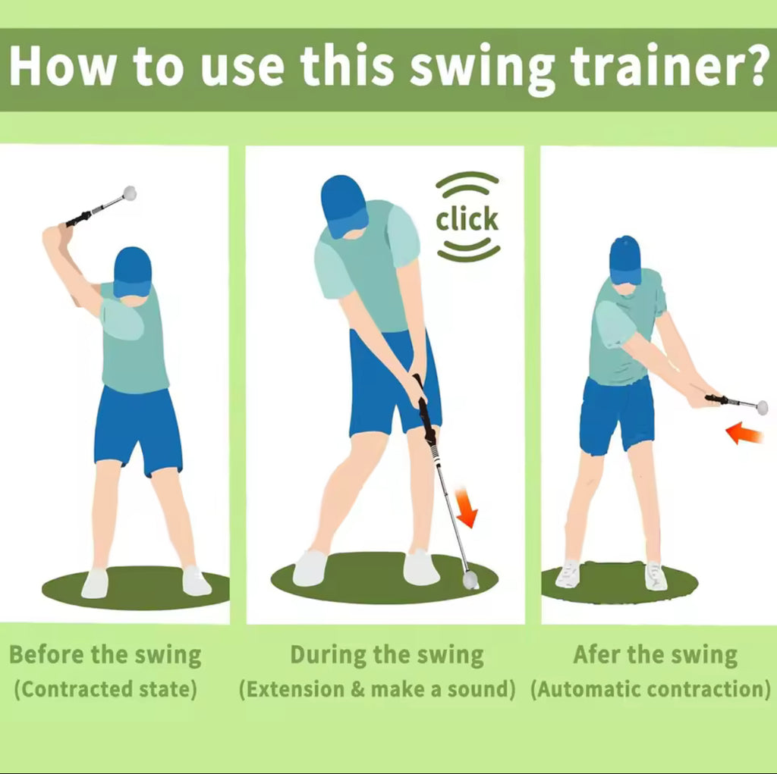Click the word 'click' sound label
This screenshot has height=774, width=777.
[467, 219]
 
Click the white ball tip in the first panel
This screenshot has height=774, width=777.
[130, 193]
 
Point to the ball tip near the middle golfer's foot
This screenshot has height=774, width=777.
[470, 580]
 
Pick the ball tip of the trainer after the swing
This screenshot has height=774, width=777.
[761, 408]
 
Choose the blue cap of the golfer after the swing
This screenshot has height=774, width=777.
[624, 259]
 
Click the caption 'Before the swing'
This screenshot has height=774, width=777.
[105, 655]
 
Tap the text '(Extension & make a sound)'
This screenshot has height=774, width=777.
[377, 689]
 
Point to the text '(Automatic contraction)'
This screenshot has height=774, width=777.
[650, 689]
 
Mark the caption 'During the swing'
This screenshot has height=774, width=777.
[387, 655]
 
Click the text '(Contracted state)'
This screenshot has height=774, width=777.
[105, 689]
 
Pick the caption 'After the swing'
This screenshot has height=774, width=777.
[655, 655]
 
